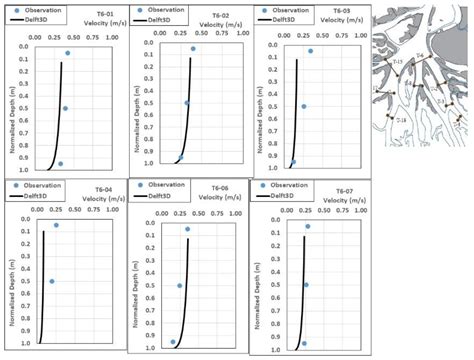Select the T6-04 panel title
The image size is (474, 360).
click(x=103, y=189)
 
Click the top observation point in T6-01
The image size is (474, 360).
click(x=67, y=53)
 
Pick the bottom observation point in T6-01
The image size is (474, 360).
click(x=60, y=163)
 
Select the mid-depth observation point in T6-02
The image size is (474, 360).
click(x=187, y=103)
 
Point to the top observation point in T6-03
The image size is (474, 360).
click(x=310, y=51)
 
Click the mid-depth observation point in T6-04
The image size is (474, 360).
click(x=52, y=281)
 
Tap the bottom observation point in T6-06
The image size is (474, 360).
click(x=173, y=342)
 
